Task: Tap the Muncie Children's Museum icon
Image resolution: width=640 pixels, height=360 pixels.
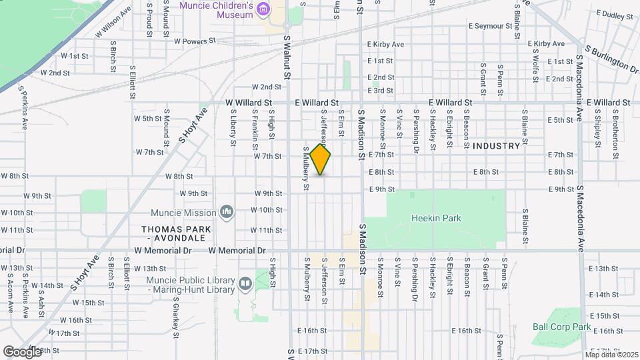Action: pos(265,9)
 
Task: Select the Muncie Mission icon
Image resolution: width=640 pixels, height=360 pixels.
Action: pos(227,212)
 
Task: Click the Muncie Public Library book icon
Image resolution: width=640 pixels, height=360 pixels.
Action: pos(245,285)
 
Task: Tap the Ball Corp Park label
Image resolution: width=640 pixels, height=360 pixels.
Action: pos(561,327)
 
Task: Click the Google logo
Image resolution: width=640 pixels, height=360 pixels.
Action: pos(22,351)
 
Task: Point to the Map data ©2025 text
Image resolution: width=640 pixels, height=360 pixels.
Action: pos(611,354)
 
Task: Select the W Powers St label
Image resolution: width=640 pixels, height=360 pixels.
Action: pos(195,41)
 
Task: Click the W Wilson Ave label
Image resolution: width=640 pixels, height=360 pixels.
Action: pos(113,22)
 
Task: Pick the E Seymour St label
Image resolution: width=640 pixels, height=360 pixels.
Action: pos(491,27)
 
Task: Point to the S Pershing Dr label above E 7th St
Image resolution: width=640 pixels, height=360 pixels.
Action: pos(416,129)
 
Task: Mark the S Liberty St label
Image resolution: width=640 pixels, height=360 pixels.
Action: pos(234,130)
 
